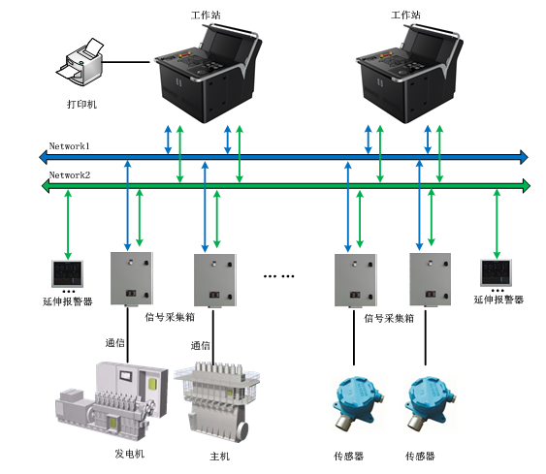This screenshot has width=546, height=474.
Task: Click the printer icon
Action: click(x=80, y=62)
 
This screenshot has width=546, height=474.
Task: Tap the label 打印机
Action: click(x=81, y=104)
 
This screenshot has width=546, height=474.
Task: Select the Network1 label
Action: click(x=69, y=146)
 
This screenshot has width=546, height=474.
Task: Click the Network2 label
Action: click(x=70, y=175)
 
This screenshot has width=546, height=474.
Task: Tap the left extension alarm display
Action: click(x=68, y=273)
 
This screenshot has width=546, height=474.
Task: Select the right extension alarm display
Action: click(x=496, y=272)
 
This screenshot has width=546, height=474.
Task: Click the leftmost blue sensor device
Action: click(x=358, y=403)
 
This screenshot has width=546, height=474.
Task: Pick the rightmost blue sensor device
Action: click(x=431, y=403)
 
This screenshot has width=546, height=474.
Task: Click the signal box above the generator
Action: click(x=132, y=279)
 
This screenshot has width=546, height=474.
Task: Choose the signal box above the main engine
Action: click(x=215, y=280)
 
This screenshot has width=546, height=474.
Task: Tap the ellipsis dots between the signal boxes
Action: click(x=278, y=276)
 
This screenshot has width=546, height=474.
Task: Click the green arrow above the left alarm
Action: click(x=68, y=225)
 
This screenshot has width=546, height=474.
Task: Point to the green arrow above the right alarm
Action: click(x=497, y=224)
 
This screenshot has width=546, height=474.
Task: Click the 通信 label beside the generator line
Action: click(x=114, y=343)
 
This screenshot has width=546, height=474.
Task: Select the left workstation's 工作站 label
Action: click(x=206, y=15)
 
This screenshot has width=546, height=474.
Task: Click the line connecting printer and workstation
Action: click(x=126, y=63)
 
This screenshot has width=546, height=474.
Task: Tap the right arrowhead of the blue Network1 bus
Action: click(x=524, y=157)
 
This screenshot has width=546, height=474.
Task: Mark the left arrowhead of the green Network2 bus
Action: click(x=46, y=186)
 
